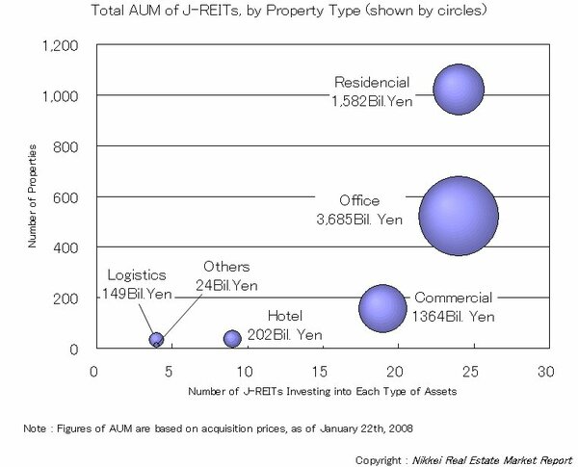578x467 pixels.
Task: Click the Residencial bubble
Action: coord(459,90)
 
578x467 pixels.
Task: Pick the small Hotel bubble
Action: coord(232,338)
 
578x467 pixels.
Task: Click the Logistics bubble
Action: coord(156,338)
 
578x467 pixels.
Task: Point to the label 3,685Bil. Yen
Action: coord(359,219)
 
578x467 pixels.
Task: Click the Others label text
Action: coord(226,267)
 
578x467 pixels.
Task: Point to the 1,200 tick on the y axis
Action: coord(62,45)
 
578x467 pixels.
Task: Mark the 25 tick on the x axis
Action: coord(471,370)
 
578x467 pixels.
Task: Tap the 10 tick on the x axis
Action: coord(245,370)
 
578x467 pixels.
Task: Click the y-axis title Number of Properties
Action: coord(32,196)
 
